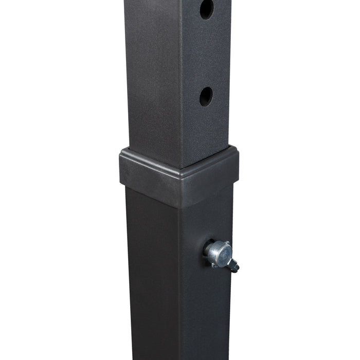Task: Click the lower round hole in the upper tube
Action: [x=206, y=96]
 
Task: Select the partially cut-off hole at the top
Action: [x=207, y=9]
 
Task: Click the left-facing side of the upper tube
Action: [x=152, y=77]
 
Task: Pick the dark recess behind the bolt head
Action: [x=208, y=250]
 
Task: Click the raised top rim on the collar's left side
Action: [x=149, y=157]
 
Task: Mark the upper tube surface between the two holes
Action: [x=206, y=51]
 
